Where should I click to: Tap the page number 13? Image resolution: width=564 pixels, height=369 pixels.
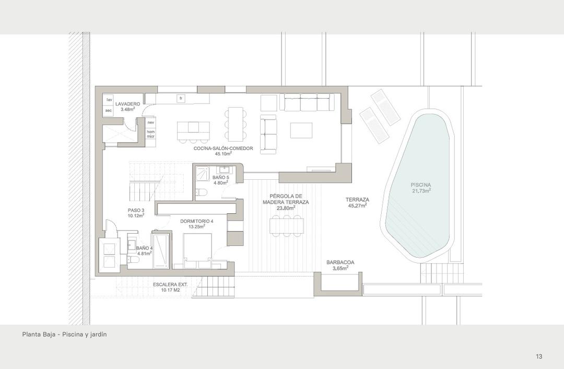pyautogui.click(x=539, y=356)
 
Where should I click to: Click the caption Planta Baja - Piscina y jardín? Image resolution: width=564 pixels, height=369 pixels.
pyautogui.click(x=64, y=334)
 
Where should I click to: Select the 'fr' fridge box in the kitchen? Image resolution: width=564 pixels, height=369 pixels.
pyautogui.click(x=181, y=98)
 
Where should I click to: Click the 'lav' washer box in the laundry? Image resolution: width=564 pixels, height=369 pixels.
pyautogui.click(x=109, y=99)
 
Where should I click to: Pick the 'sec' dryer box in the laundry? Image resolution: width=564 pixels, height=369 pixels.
pyautogui.click(x=109, y=110)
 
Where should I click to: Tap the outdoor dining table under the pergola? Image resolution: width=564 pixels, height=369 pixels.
pyautogui.click(x=286, y=225)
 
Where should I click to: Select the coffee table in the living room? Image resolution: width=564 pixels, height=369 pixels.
pyautogui.click(x=301, y=130)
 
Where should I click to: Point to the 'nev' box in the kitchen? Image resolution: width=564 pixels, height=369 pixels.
pyautogui.click(x=151, y=122)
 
